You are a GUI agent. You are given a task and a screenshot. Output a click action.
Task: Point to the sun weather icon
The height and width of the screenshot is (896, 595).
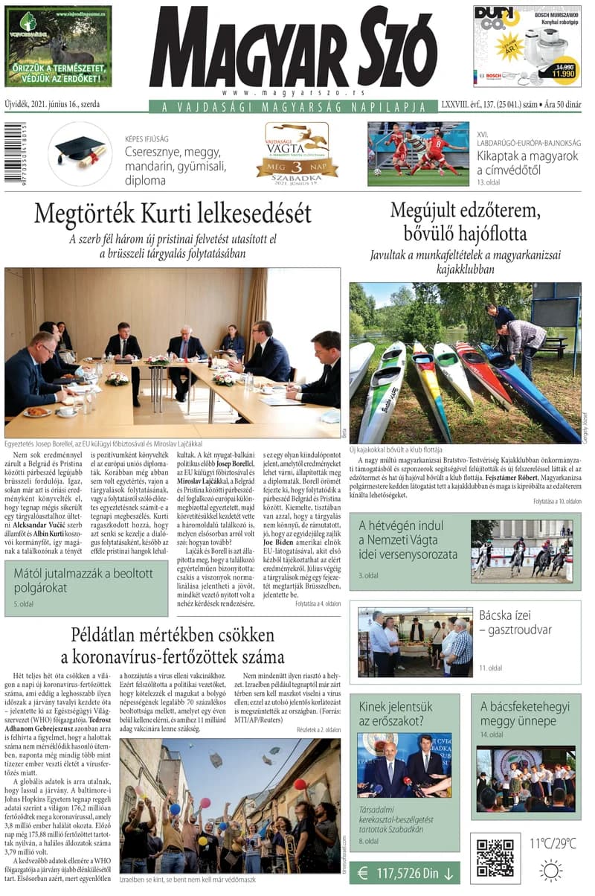click(x=551, y=870)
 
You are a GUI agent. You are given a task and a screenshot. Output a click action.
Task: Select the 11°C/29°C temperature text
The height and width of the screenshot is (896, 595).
click(x=553, y=843)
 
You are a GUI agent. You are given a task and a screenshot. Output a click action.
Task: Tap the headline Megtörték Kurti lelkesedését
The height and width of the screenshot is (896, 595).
click(x=173, y=214)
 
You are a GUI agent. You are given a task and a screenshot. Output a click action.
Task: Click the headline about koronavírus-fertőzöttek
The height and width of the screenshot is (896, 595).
click(x=173, y=646)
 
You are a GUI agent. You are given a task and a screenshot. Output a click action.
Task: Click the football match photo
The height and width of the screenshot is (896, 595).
click(x=418, y=153)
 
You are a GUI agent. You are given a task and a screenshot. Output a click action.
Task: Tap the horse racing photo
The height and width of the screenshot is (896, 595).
click(x=521, y=550)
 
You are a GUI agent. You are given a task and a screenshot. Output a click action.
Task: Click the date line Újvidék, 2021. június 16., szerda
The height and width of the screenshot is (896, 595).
click(x=52, y=105)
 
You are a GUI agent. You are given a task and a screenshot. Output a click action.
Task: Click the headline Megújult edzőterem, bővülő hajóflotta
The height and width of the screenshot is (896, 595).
click(x=465, y=222)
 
